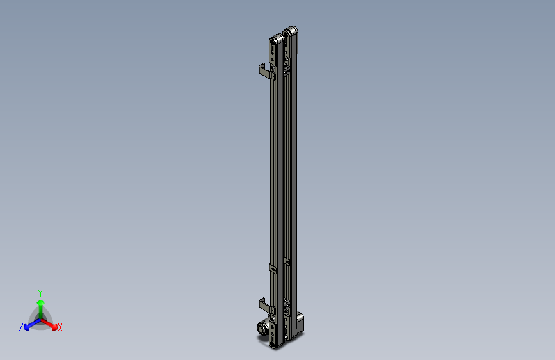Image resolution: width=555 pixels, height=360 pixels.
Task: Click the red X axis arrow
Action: click(51, 323)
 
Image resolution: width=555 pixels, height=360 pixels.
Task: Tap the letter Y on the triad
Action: click(40, 292)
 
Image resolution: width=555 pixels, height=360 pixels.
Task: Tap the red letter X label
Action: click(60, 327)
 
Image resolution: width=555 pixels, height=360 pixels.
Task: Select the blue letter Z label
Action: click(21, 327)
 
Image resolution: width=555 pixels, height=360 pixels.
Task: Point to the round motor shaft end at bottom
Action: click(262, 329)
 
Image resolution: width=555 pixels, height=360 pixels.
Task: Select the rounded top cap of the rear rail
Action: click(292, 30)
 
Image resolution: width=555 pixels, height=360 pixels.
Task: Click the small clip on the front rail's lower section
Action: click(272, 267)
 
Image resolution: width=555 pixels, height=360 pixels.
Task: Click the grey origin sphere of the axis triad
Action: click(40, 318)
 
